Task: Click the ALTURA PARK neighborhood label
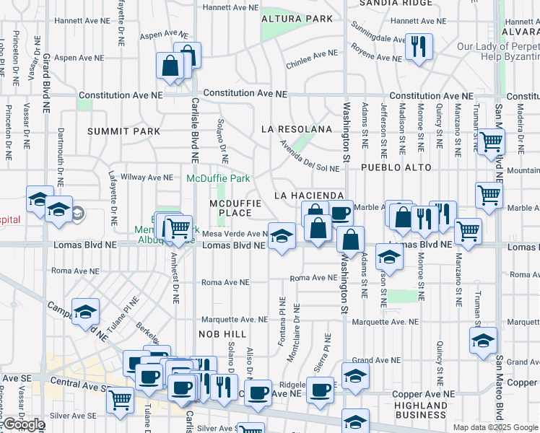(x=297, y=19)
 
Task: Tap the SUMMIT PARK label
(x=123, y=131)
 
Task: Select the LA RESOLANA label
(x=297, y=129)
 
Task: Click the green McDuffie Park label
(x=218, y=178)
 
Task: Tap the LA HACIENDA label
(x=308, y=196)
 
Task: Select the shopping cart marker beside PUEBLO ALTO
(x=490, y=141)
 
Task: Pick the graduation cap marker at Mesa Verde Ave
(x=282, y=235)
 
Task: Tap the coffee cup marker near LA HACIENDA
(x=339, y=212)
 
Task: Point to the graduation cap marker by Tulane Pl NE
(x=86, y=312)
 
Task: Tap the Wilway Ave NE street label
(x=147, y=177)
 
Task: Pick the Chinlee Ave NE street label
(x=311, y=53)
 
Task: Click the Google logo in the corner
(x=24, y=424)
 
